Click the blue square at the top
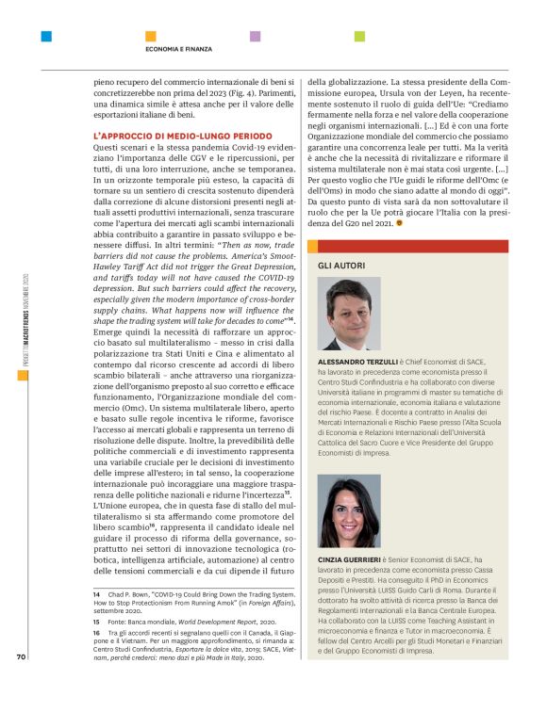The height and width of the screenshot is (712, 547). [x=46, y=37]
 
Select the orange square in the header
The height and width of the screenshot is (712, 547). [x=151, y=37]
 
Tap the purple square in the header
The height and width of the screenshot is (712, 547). [x=255, y=37]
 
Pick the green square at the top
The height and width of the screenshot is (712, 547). [x=359, y=37]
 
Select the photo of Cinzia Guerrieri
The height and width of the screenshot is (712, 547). [x=349, y=511]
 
